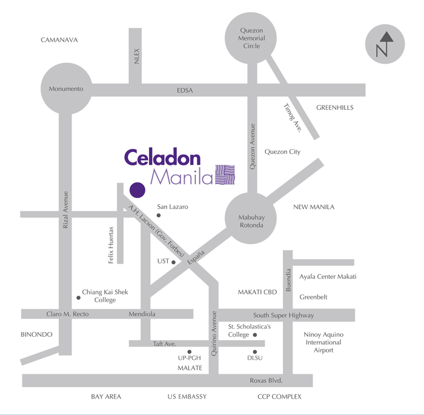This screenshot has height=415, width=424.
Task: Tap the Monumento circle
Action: pos(65,89)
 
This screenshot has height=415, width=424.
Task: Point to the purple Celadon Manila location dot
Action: pos(137,190)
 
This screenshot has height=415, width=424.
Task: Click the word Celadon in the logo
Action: pos(162,158)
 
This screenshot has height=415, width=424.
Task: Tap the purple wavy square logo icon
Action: pos(225,174)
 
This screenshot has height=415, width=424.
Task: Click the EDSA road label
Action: pos(185,90)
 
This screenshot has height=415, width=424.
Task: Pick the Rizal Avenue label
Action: pos(65,210)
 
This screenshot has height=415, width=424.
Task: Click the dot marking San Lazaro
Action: pos(159,215)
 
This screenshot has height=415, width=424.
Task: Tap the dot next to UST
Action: pos(174,262)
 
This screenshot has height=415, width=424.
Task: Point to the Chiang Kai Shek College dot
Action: pos(78,297)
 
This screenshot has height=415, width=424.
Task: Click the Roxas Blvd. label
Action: pos(266,380)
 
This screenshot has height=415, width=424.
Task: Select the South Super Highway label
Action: pos(283,315)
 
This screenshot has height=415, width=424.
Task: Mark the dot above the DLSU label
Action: pos(255,351)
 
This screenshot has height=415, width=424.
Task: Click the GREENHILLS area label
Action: pos(334,108)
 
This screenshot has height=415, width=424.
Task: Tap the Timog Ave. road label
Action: pos(293,117)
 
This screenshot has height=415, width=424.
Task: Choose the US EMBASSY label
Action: pos(187,397)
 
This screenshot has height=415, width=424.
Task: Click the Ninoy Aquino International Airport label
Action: pos(323,342)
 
